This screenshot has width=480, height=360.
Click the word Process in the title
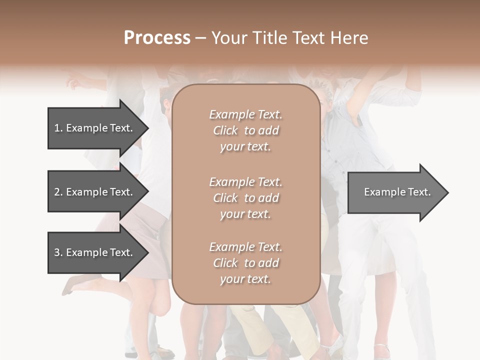point(157,37)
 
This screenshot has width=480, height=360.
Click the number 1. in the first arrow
point(58,128)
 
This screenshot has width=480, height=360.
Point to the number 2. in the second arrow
point(58,192)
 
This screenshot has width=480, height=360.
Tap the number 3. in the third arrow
point(58,252)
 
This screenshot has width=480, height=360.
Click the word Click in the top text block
point(225,130)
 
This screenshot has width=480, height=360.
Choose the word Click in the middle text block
point(225,198)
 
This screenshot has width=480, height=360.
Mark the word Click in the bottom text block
point(225,263)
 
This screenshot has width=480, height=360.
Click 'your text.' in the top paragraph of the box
point(245,147)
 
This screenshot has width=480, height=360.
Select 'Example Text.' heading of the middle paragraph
point(245,182)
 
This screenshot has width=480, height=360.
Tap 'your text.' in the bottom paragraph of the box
point(245,279)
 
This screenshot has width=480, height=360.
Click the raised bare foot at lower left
point(70,286)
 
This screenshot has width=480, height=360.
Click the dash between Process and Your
point(200,38)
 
